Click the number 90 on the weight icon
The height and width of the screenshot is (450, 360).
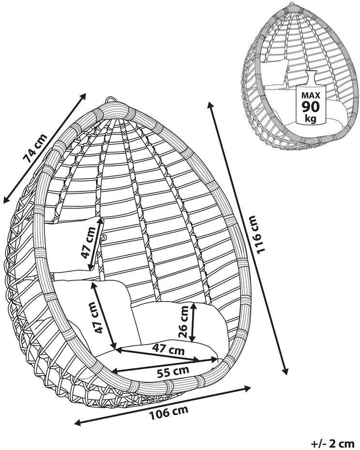click(x=310, y=106)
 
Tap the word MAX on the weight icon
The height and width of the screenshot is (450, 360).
click(x=310, y=94)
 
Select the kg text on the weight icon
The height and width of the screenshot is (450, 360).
click(x=310, y=118)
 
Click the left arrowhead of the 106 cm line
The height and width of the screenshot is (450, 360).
click(x=76, y=423)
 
